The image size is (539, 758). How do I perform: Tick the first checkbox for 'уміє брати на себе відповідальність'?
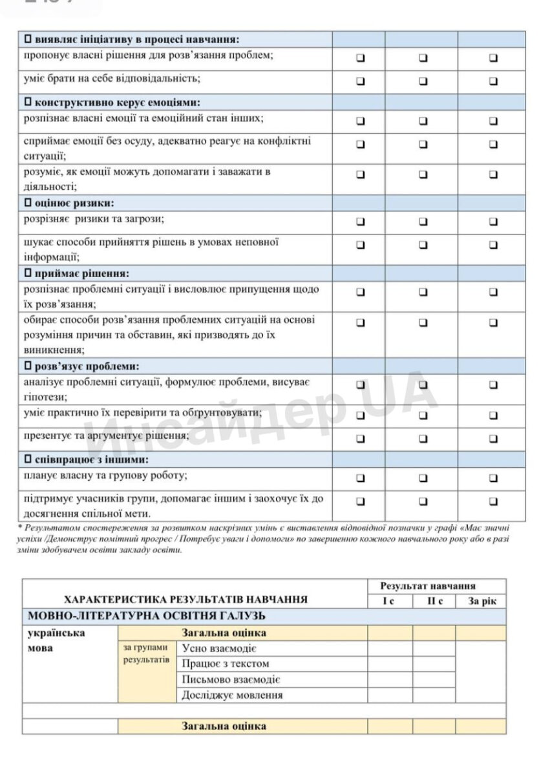360,81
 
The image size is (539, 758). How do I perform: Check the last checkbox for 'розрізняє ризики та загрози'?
494,221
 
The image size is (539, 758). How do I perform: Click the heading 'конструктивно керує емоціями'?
116,103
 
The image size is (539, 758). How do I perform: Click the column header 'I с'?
390,601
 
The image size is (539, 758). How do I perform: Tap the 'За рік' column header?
481,601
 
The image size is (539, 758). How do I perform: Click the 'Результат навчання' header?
437,586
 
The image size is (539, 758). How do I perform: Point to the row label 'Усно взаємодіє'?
220,648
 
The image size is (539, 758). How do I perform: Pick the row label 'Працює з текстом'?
226,664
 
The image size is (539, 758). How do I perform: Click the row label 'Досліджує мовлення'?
232,695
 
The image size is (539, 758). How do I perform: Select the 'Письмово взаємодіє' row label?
231,680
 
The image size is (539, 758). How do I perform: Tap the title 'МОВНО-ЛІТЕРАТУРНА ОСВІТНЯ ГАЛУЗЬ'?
147,616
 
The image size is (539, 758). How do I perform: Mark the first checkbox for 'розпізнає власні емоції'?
360,120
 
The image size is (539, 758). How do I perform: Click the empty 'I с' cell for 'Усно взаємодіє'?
390,648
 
